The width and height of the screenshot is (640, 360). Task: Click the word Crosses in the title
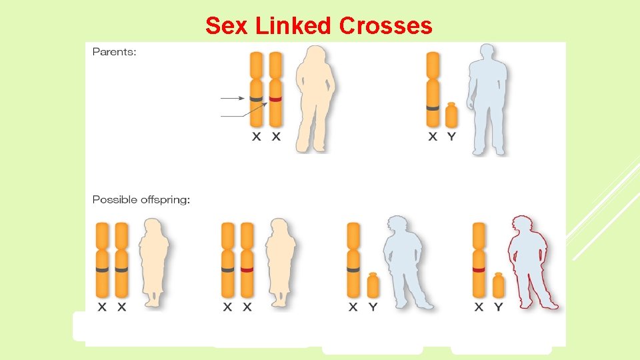385,26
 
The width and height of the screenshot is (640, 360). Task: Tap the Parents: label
114,52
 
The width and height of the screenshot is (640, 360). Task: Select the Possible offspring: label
141,199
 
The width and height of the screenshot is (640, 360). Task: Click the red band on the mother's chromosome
275,99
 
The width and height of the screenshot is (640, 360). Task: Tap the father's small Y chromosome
451,115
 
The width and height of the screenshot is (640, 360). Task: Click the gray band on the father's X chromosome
432,107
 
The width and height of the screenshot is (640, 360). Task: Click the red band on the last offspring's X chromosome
478,270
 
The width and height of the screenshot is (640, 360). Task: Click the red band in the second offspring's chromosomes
247,270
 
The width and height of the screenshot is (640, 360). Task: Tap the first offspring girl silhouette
153,263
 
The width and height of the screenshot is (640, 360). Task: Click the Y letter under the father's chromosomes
451,137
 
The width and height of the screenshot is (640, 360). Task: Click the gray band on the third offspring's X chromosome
353,270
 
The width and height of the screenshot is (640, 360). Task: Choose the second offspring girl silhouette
280,263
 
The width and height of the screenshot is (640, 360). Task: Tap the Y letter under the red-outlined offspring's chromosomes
498,307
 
